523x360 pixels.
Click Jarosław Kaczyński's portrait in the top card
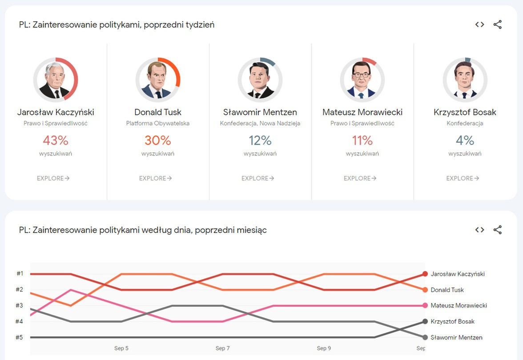[56, 80]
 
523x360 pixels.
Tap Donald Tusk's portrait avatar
[158, 80]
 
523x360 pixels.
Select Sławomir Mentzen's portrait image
[260, 80]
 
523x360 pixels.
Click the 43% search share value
[56, 140]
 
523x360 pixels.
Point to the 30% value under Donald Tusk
[158, 140]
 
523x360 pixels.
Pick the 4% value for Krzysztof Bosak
[465, 140]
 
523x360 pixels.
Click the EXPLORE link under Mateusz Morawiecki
[360, 178]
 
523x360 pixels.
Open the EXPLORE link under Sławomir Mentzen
[258, 178]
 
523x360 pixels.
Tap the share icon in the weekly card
[498, 24]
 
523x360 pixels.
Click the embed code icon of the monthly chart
[479, 230]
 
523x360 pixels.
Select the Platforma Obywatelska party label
[158, 123]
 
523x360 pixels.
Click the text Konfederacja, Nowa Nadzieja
[260, 123]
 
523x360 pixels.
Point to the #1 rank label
[20, 274]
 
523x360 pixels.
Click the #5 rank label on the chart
[20, 337]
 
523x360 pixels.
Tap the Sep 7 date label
[222, 348]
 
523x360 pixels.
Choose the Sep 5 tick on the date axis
[121, 348]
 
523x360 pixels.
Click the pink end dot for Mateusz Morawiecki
[425, 306]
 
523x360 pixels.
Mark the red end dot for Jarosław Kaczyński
[425, 274]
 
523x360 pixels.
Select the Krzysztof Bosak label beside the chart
[452, 321]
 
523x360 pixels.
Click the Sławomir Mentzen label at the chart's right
[456, 337]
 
